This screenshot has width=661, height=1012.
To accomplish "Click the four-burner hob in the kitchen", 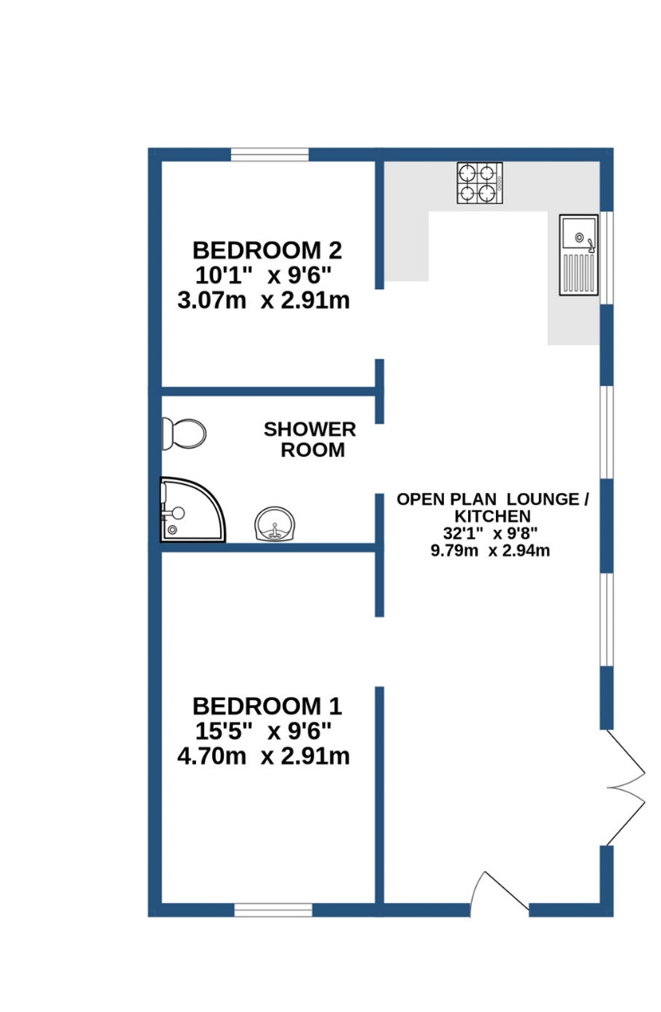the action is [479, 183].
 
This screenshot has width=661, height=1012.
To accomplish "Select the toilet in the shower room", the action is [183, 433].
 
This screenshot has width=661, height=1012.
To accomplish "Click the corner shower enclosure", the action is [192, 510].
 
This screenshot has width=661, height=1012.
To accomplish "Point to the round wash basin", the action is [274, 524].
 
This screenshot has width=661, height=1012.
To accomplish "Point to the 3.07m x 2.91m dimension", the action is [263, 301].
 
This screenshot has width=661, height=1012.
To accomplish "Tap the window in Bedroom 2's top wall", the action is [269, 154].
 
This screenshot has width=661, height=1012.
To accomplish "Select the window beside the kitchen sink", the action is [606, 258].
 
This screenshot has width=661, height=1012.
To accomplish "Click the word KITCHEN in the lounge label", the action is [493, 516].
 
